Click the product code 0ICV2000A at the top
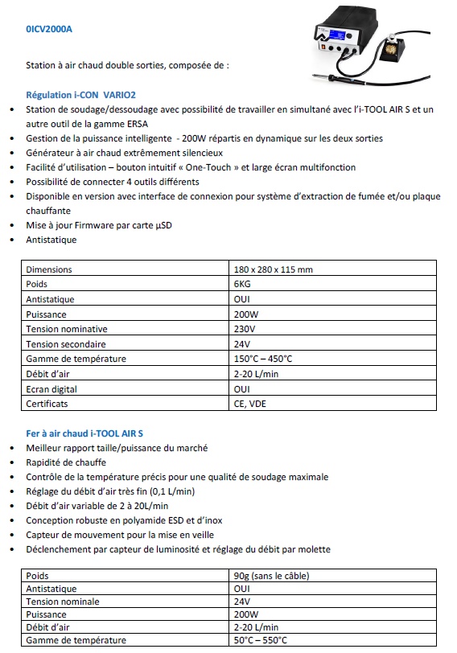(49, 30)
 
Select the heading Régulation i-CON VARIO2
(76, 94)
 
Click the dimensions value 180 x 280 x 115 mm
(273, 269)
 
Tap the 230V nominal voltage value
(245, 330)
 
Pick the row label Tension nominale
(63, 601)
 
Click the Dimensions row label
(49, 269)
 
